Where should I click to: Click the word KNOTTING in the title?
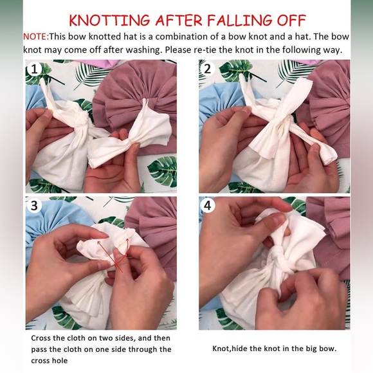click(109, 20)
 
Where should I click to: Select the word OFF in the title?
click(291, 20)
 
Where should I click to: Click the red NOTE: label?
click(35, 37)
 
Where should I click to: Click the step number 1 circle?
click(35, 69)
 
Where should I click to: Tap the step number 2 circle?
click(208, 69)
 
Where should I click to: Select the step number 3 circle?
click(35, 205)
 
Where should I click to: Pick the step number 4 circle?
click(208, 205)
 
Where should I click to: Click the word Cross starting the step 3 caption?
click(41, 338)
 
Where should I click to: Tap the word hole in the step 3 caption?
click(59, 360)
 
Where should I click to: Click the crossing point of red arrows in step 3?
click(115, 264)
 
